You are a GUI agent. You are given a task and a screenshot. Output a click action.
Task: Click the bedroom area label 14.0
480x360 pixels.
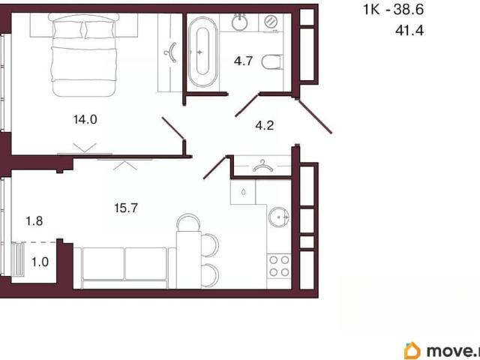(85, 119)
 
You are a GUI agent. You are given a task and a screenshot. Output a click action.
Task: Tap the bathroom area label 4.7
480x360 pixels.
(243, 61)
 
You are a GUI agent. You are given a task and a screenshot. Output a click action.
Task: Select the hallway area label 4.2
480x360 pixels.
(265, 125)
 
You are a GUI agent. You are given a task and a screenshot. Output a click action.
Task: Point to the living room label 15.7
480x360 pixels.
(126, 208)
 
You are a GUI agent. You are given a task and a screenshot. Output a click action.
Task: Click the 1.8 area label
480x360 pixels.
(34, 220)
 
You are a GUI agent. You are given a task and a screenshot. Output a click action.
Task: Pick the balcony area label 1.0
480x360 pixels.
(40, 262)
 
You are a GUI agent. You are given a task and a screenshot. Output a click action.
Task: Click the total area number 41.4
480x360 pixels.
(409, 31)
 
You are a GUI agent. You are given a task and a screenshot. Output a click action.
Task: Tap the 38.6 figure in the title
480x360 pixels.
(408, 10)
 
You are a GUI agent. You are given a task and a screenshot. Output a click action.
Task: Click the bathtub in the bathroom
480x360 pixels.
(202, 52)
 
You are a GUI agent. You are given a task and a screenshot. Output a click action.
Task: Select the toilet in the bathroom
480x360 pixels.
(271, 62)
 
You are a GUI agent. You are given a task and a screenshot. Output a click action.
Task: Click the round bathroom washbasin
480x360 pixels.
(239, 22)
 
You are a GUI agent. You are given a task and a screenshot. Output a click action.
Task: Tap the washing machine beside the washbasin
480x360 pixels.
(271, 22)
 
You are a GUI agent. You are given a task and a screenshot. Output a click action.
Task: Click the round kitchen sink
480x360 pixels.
(279, 217)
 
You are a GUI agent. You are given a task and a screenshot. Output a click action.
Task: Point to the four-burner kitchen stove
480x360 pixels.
(279, 266)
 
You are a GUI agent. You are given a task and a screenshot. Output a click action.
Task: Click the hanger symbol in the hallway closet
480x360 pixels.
(263, 166)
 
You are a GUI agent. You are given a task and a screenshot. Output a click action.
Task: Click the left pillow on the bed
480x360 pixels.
(68, 30)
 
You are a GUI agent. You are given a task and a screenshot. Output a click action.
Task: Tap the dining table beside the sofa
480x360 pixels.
(188, 259)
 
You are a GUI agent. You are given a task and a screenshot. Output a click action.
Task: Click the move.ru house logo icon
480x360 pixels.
(412, 351)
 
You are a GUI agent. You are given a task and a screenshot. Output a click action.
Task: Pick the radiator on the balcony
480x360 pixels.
(18, 259)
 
